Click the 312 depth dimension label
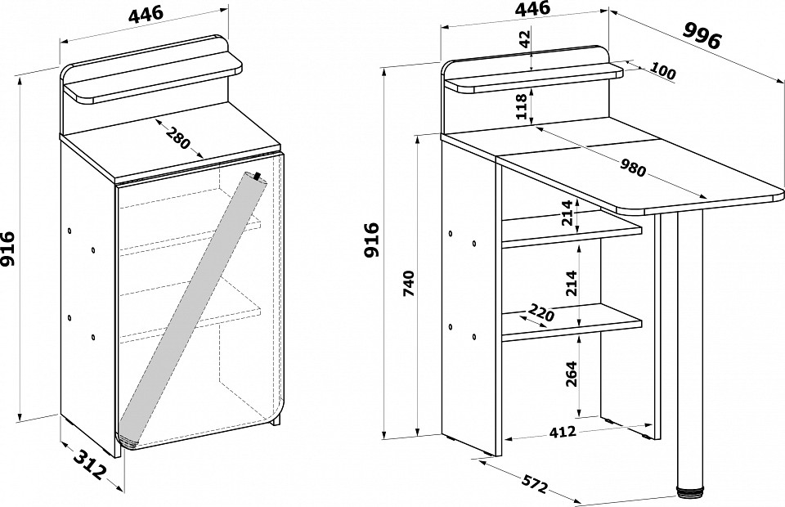[x=91, y=464]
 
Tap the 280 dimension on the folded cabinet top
[x=178, y=138]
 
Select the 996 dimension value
[x=702, y=34]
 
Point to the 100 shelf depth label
[x=664, y=71]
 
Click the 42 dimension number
[x=524, y=38]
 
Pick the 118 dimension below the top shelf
[x=522, y=106]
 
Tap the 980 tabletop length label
[x=633, y=168]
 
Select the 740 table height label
[x=410, y=283]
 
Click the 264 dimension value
[x=572, y=374]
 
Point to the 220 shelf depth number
[x=541, y=313]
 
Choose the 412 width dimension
[x=563, y=432]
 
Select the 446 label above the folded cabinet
[x=146, y=14]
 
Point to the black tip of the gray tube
[x=258, y=176]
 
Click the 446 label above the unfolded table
[x=532, y=8]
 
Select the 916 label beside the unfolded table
[x=371, y=240]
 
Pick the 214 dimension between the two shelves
[x=572, y=283]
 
